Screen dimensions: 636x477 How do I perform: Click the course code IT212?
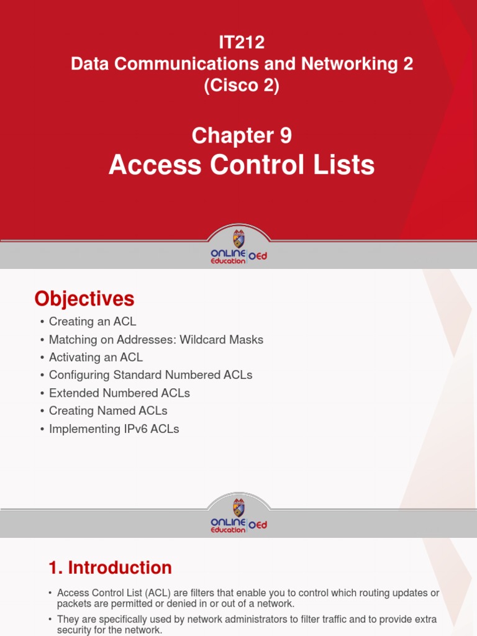[x=242, y=43]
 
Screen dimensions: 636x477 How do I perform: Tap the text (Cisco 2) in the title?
[x=242, y=86]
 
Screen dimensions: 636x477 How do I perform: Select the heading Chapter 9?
[x=242, y=135]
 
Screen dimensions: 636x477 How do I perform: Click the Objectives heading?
[x=84, y=299]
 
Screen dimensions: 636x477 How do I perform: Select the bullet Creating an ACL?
[x=92, y=322]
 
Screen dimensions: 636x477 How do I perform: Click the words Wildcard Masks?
[x=222, y=340]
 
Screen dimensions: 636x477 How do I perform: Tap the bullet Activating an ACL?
[x=96, y=357]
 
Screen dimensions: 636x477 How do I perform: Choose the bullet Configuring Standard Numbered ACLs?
[x=150, y=375]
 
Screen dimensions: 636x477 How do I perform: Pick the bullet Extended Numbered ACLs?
[x=119, y=393]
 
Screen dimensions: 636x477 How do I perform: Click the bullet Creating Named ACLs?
[x=108, y=411]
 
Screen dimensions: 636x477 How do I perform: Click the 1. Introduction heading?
[x=110, y=568]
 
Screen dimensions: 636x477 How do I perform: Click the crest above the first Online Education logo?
[x=239, y=238]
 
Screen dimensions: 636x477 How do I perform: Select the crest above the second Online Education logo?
[x=239, y=507]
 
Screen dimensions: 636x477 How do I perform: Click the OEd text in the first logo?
[x=258, y=257]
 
